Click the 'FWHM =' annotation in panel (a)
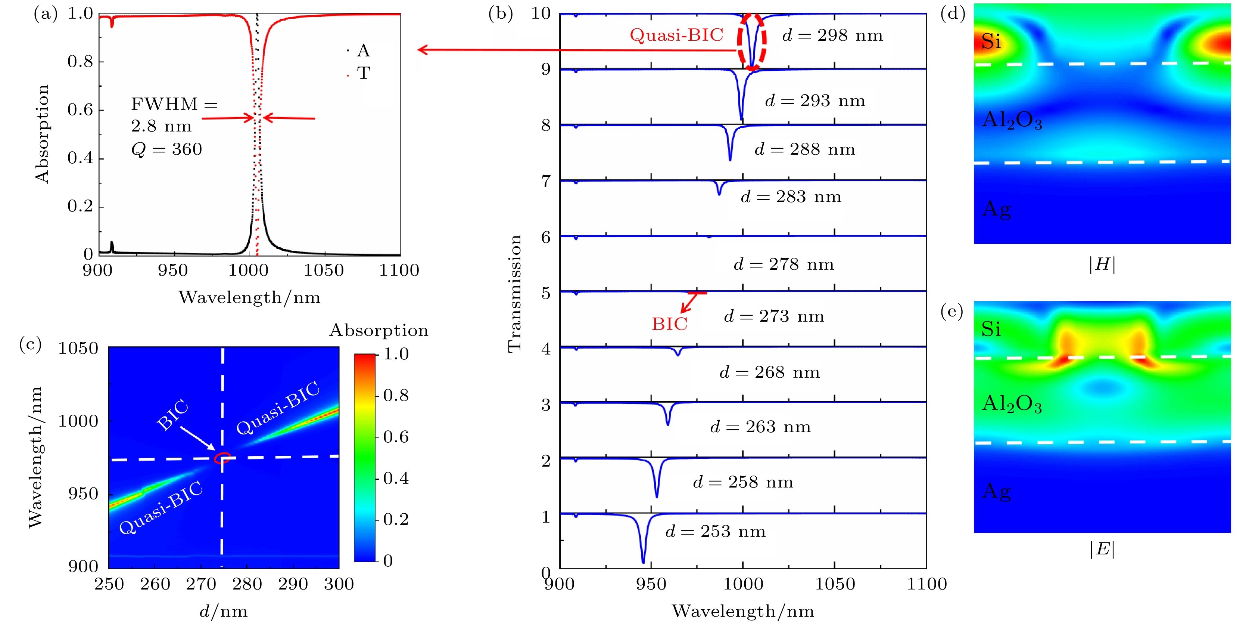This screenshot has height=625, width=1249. click(174, 104)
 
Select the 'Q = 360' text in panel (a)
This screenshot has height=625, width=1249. click(166, 149)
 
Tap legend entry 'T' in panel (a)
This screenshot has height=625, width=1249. click(363, 73)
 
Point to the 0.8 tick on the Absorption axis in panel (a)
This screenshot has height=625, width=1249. click(80, 62)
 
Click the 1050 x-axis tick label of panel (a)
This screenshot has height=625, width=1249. click(323, 270)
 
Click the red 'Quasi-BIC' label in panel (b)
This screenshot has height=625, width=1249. click(676, 35)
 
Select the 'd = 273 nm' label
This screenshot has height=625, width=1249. click(774, 316)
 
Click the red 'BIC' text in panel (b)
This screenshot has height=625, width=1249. click(669, 324)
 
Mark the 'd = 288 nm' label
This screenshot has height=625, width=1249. click(805, 149)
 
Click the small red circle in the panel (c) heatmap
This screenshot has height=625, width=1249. click(222, 458)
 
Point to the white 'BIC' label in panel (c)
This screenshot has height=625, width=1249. click(172, 415)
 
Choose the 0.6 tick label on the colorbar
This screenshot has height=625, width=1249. click(396, 437)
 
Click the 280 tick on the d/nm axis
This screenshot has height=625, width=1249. click(247, 584)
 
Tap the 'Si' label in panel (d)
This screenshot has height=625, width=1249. click(991, 42)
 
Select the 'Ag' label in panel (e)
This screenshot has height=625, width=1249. click(996, 492)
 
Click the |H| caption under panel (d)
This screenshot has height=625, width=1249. click(1102, 264)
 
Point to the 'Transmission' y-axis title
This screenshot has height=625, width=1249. click(514, 294)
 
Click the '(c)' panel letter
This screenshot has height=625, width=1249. click(30, 344)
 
